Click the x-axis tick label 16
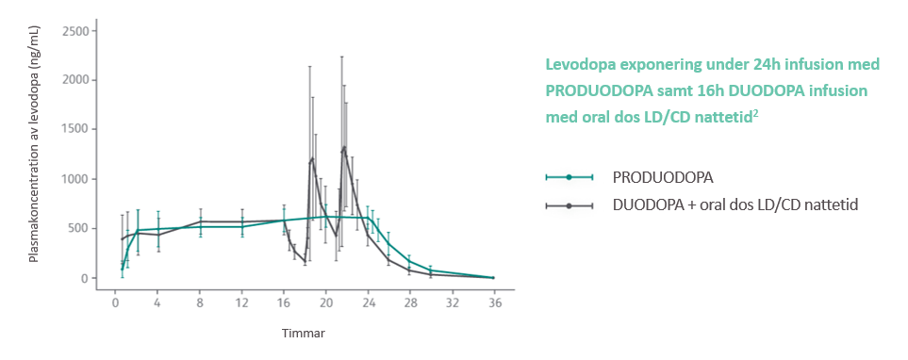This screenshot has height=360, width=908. coord(284,304)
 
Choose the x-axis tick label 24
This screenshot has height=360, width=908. coord(368,304)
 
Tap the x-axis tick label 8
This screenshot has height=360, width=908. coord(200,304)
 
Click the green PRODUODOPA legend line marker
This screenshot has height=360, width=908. coord(569,177)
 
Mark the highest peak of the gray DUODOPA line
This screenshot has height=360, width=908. coord(344,147)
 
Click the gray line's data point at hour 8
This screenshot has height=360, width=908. coord(200,221)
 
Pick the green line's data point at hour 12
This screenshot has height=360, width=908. coord(242,226)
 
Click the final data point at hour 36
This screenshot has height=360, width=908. coord(493,278)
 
